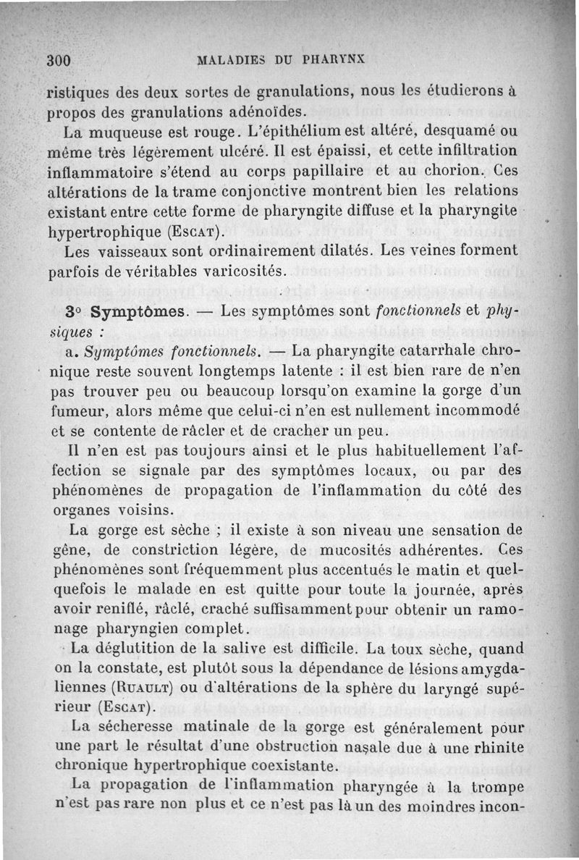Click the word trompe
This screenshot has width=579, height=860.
[493, 786]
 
